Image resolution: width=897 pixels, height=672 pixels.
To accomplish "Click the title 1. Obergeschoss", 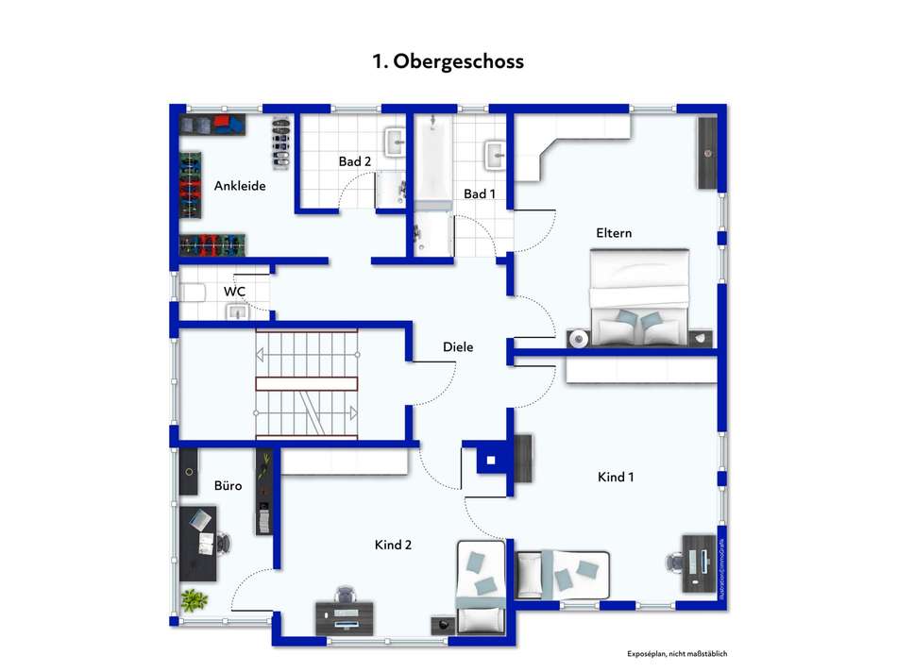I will point(448,61).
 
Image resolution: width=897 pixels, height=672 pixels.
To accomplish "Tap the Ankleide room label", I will point(240,186).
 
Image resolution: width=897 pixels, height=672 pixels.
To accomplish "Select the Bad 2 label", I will point(354,161).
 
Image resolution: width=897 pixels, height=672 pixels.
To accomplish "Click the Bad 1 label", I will point(480,193).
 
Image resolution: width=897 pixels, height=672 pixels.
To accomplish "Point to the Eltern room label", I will point(614,233).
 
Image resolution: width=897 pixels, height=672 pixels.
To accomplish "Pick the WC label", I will point(234,292).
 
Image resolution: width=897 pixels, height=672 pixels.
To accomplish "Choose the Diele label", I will point(458,347).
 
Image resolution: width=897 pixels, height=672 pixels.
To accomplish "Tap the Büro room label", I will point(228,486).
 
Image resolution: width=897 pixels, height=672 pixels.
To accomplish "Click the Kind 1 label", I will point(616,477).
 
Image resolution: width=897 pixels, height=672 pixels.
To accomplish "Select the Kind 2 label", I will point(393,545).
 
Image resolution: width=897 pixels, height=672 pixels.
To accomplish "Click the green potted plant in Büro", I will point(195,599).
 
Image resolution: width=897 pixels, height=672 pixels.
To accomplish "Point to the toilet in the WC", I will point(194,293).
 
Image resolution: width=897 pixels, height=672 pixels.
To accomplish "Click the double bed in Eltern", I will point(639,297).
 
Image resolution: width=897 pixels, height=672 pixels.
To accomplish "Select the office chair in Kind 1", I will point(675,563).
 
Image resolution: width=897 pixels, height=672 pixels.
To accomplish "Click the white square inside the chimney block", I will point(491,462).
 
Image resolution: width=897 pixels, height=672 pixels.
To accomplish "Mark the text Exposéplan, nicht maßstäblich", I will point(678,654).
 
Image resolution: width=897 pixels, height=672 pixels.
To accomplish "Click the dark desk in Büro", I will point(200,543).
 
